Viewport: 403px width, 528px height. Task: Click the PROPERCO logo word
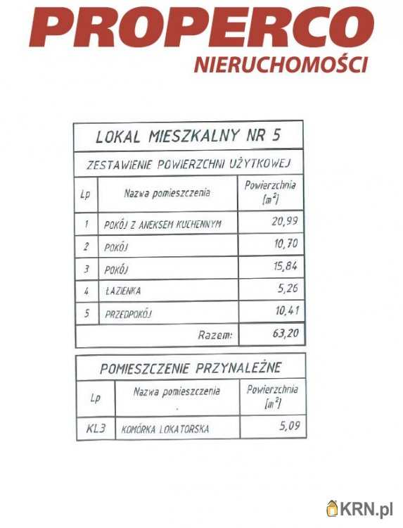click(x=203, y=30)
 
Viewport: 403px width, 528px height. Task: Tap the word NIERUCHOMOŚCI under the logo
click(x=281, y=65)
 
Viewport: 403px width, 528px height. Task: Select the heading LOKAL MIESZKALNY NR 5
click(x=188, y=135)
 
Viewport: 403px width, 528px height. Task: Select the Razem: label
click(x=215, y=336)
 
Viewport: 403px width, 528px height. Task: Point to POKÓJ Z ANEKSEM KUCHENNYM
click(x=162, y=225)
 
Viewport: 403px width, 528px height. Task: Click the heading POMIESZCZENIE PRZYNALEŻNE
click(x=191, y=367)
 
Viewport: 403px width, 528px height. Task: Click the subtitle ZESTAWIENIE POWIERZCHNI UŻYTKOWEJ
click(x=188, y=165)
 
